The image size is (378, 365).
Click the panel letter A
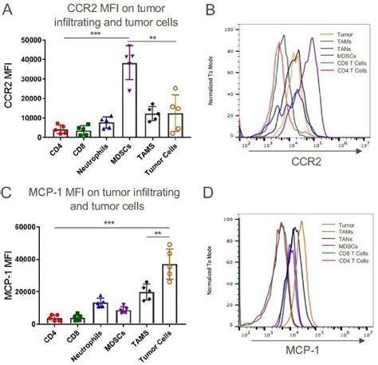[8, 10]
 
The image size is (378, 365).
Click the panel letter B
[210, 10]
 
